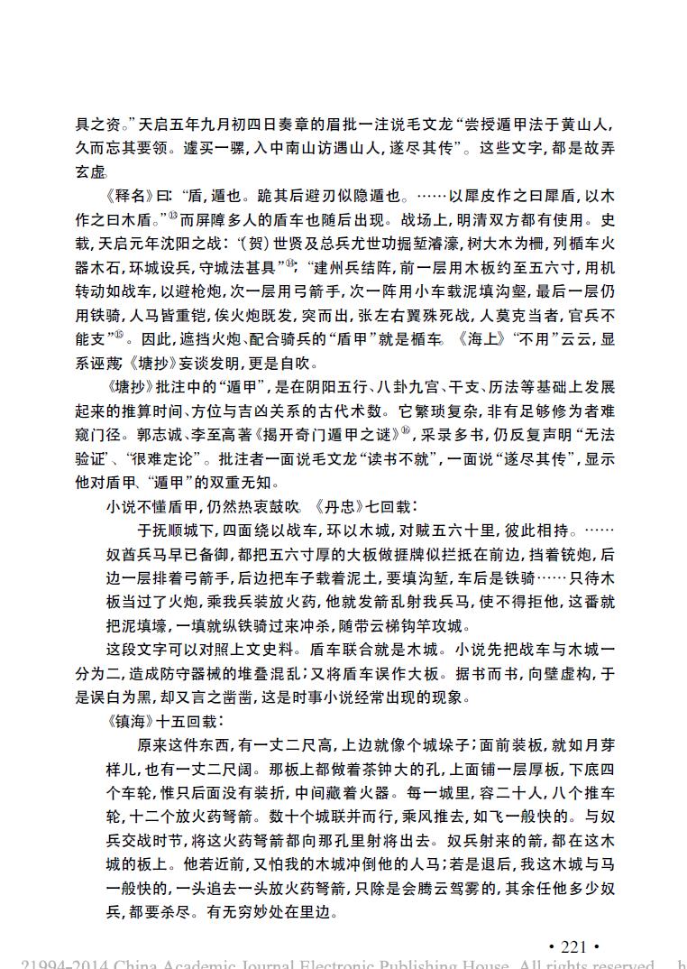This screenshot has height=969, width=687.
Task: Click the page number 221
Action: tap(573, 946)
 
